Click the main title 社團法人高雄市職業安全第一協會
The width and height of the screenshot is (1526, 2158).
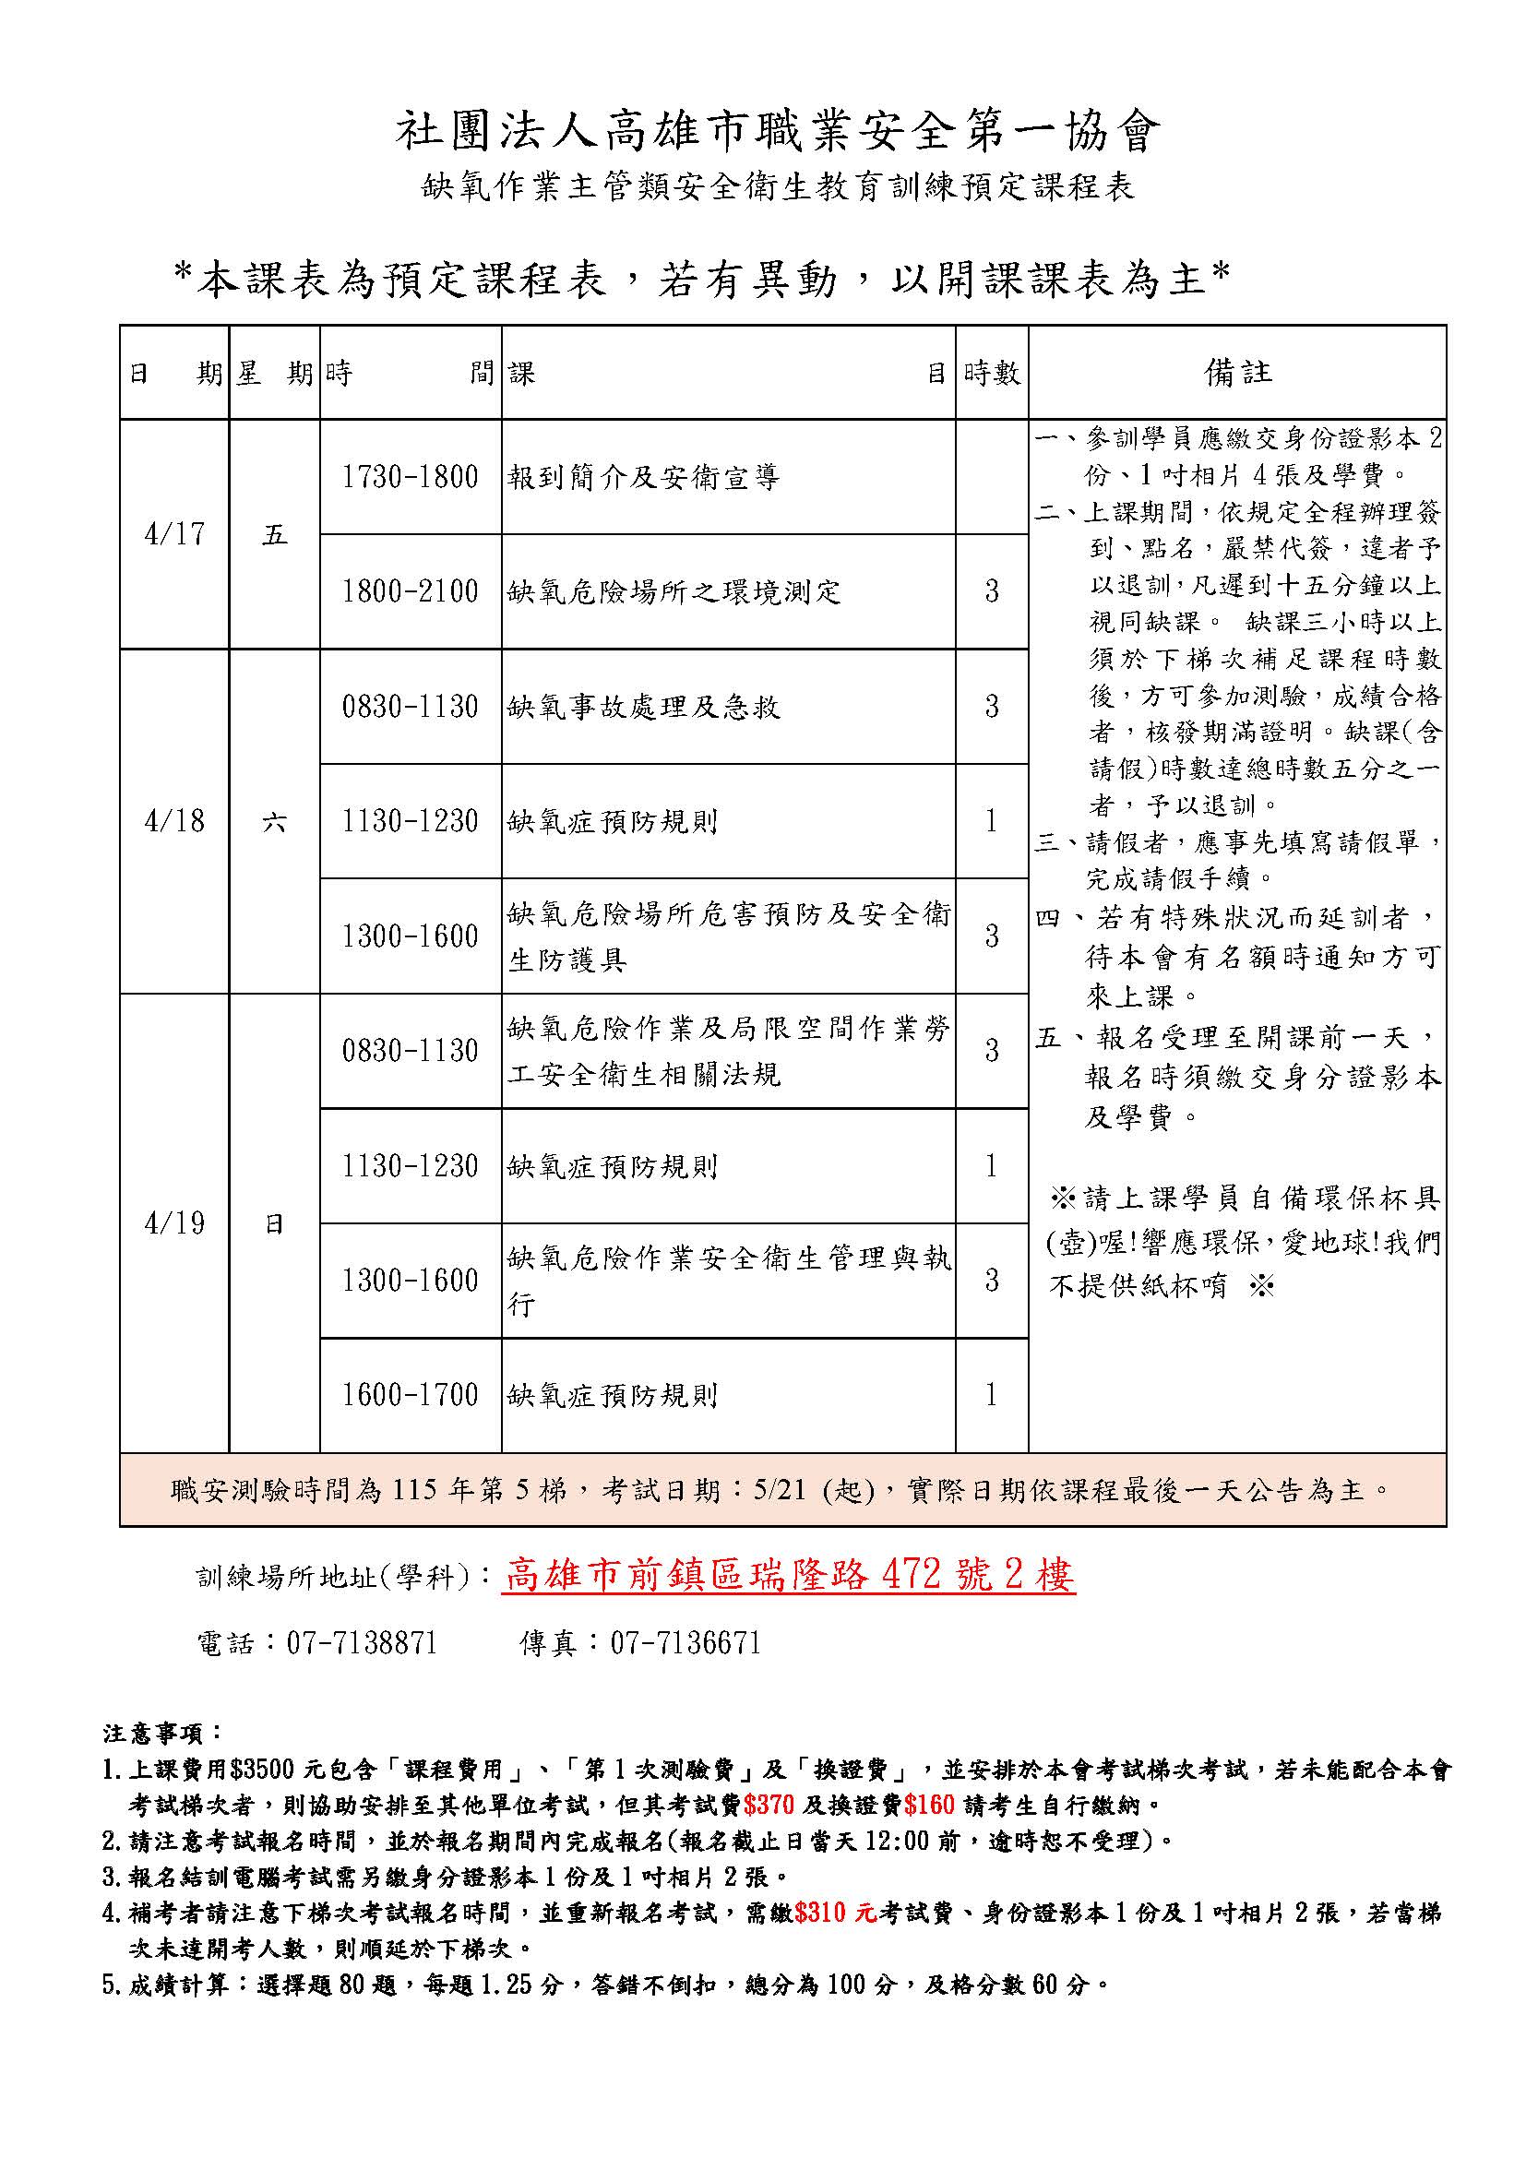777,132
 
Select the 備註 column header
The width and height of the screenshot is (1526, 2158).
1237,372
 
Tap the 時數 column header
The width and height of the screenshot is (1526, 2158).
991,373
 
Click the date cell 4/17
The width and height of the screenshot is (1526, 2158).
174,534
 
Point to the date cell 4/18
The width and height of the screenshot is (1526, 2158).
174,820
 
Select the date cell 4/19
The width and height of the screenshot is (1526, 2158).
174,1222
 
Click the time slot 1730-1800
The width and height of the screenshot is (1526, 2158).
410,476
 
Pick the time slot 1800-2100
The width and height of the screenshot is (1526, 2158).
410,591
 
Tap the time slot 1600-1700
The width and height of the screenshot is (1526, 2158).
410,1395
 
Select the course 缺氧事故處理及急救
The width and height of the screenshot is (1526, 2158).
644,707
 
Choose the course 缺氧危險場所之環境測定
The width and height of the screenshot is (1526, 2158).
674,592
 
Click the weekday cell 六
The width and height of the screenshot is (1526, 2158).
274,821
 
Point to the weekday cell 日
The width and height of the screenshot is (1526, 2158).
274,1223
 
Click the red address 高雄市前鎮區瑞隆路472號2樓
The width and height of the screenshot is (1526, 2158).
790,1575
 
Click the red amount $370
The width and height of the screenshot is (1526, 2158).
768,1805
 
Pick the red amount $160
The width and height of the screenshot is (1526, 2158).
928,1805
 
